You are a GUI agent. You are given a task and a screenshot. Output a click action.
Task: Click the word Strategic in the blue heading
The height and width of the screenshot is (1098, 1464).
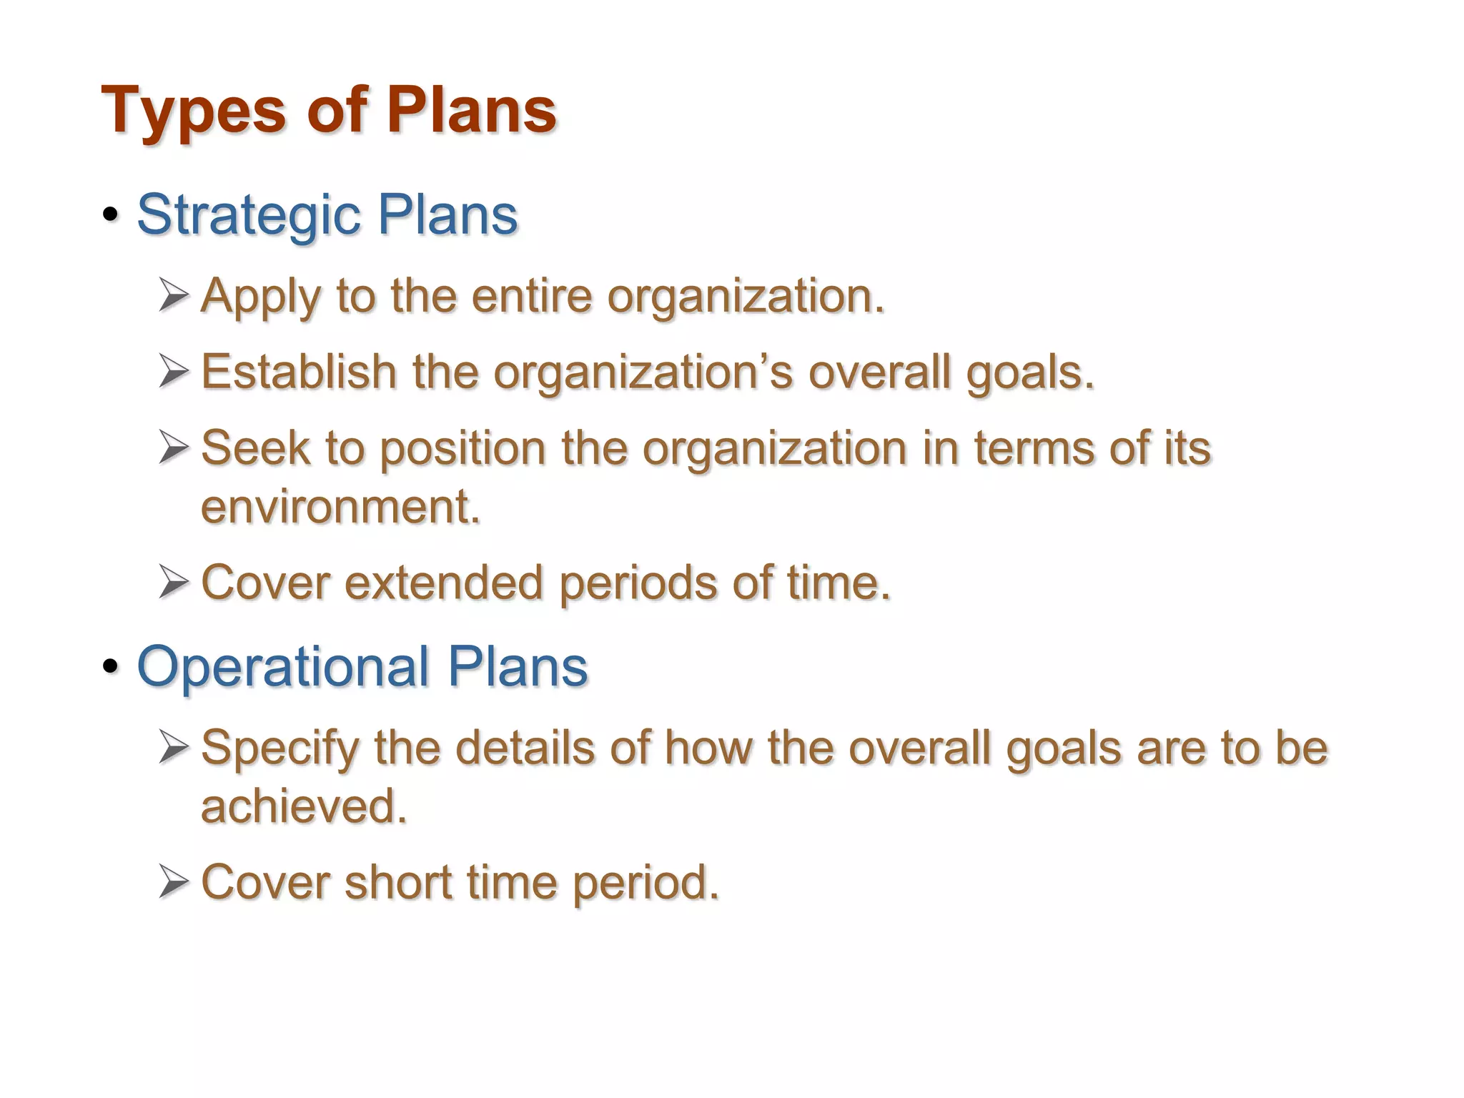point(249,215)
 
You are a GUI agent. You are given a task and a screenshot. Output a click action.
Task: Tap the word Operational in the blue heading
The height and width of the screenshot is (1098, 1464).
point(283,666)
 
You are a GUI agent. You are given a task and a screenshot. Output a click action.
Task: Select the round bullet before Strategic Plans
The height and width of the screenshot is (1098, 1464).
point(110,215)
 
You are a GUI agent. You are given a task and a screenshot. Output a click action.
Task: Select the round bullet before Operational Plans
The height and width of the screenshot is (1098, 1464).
point(110,666)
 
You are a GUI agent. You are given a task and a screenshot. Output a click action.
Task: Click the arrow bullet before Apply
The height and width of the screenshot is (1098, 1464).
point(174,295)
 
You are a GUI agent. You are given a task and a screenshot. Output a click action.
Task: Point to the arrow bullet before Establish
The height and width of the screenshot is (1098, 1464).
point(174,372)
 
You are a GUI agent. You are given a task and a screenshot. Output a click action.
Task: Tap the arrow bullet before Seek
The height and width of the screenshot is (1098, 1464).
point(174,447)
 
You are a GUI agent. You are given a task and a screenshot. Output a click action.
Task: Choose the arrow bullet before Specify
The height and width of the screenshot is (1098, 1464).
point(174,748)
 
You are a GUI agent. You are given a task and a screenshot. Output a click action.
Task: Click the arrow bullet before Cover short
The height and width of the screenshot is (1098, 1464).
point(174,881)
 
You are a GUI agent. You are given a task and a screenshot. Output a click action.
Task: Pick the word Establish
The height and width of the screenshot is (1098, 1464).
point(299,372)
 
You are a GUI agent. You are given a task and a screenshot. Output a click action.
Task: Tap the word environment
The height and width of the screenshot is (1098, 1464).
point(340,507)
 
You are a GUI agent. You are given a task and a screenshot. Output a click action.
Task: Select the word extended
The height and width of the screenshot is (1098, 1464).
point(443,583)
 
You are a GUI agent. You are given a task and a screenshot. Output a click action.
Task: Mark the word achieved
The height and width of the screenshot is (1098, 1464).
point(303,806)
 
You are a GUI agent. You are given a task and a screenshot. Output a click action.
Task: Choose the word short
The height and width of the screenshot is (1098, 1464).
point(398,882)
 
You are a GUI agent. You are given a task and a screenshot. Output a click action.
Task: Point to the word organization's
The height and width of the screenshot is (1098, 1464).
point(643,373)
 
